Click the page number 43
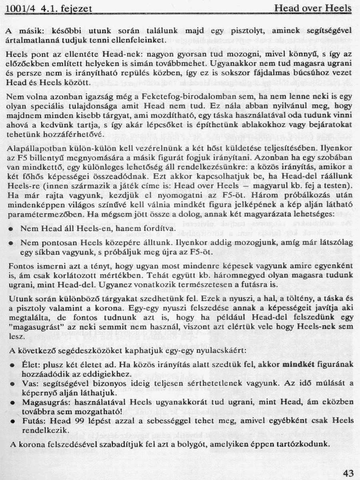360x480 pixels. (x=348, y=473)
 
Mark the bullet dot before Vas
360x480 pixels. (x=12, y=384)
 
